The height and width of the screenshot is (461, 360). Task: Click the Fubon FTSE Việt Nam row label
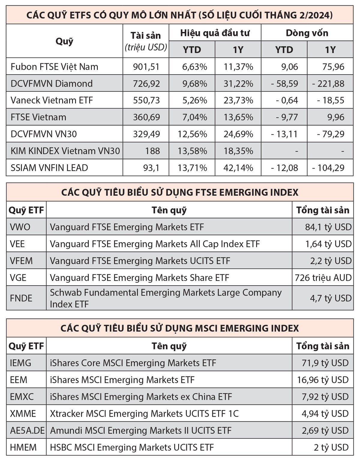click(x=54, y=67)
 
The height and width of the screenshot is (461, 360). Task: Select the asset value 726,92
click(x=146, y=83)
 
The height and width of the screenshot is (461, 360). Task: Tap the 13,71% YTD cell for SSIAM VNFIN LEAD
click(x=192, y=168)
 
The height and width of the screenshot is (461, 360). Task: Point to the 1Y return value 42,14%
click(x=238, y=168)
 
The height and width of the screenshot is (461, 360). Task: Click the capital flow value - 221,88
click(x=328, y=83)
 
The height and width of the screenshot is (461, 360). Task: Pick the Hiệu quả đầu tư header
click(x=215, y=33)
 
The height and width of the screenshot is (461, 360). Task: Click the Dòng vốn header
click(x=307, y=33)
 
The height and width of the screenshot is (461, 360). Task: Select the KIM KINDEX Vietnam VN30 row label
click(x=65, y=151)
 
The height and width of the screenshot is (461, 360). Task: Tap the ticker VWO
click(x=20, y=227)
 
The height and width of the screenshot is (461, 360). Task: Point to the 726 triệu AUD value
click(x=323, y=278)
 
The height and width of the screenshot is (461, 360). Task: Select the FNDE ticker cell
click(x=21, y=298)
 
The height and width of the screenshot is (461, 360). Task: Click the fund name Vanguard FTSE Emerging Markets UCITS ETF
click(x=140, y=261)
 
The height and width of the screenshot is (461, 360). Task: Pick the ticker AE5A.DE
click(x=27, y=430)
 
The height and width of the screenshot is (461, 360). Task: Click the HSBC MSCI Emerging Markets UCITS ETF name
click(x=132, y=448)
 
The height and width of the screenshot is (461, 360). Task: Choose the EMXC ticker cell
click(x=22, y=397)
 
